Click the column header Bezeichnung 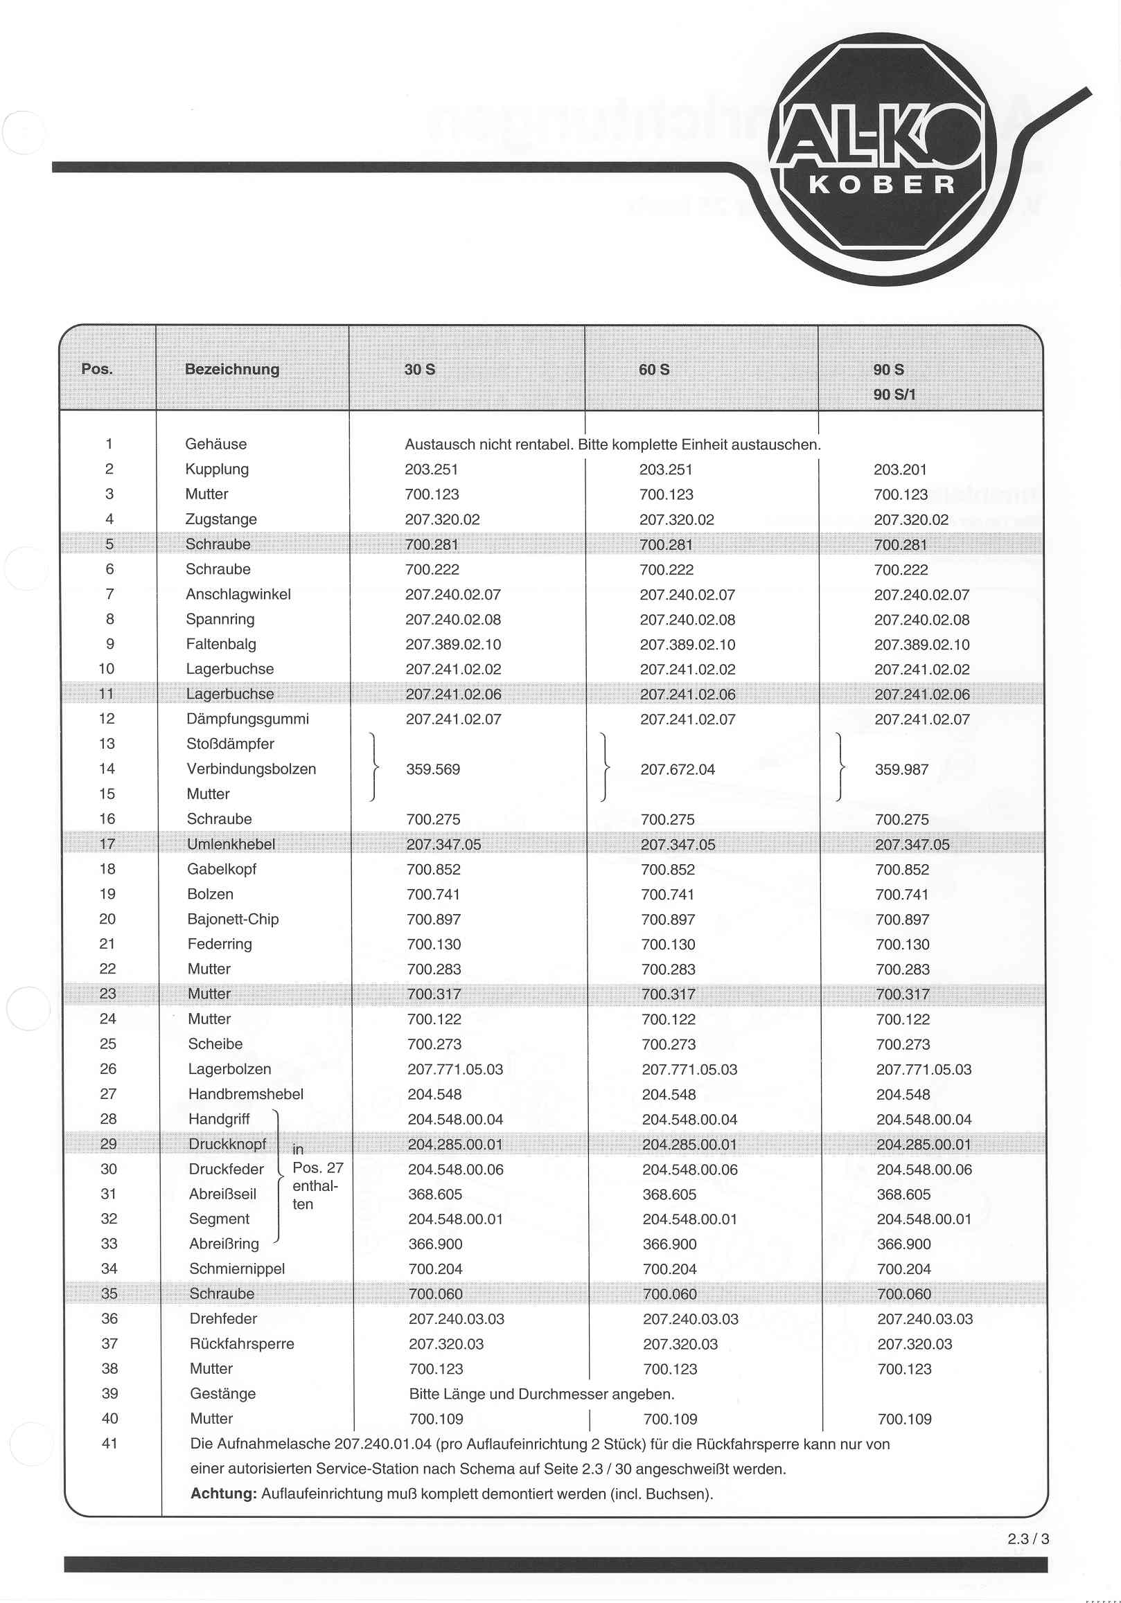coord(232,369)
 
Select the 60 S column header coord(654,370)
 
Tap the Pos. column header coord(97,369)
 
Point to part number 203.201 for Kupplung coord(899,470)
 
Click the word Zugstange coord(221,519)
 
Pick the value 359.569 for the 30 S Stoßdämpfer coord(433,769)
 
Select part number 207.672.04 coord(678,769)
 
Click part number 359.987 coord(901,769)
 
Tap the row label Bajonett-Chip coord(233,920)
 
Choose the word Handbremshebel coord(246,1094)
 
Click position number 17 coord(107,844)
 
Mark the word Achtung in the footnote coord(224,1494)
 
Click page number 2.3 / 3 coord(1027,1539)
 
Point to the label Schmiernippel coord(237,1269)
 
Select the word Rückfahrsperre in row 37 coord(242,1344)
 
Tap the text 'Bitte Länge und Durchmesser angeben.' coord(541,1395)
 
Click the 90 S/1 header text coord(894,395)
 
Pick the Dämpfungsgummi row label coord(247,719)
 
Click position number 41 coord(109,1443)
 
